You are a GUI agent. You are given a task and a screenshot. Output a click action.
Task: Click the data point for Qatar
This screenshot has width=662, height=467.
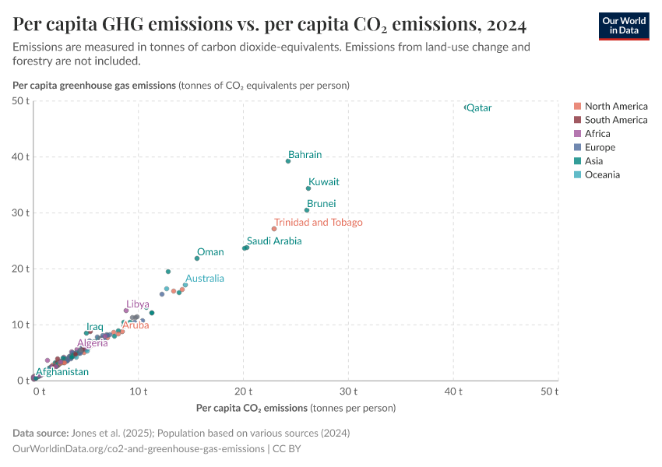pos(466,107)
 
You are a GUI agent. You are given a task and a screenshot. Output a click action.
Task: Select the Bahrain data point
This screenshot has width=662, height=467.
pos(288,161)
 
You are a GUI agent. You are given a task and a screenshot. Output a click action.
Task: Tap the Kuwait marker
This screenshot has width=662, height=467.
pos(308,188)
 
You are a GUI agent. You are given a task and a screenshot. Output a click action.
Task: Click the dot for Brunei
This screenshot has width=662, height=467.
pos(307,210)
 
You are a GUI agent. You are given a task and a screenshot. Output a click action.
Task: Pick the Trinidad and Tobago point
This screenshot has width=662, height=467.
pos(274,229)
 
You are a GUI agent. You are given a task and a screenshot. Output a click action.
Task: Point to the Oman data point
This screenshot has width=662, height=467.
pos(197,258)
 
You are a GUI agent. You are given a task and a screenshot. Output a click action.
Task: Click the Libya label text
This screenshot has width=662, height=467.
pos(138,304)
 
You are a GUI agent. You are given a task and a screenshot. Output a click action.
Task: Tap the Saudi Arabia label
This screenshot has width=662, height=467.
pos(274,241)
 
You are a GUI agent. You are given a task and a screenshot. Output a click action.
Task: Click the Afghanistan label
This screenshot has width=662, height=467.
pos(62,372)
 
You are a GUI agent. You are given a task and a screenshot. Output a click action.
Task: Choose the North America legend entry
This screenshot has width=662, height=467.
pos(615,106)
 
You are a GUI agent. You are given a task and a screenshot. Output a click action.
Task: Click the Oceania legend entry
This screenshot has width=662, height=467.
pos(601,174)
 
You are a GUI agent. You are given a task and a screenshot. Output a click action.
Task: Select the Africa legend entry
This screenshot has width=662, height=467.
pos(598,133)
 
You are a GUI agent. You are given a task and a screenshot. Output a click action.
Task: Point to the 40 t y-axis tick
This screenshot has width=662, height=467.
pos(20,156)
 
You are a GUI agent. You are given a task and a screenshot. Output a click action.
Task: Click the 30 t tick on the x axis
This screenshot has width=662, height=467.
pos(348,391)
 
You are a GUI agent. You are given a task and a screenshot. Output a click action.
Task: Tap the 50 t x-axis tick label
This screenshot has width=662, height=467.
pos(550,391)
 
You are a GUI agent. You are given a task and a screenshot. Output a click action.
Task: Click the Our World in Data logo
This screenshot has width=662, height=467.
pos(624,26)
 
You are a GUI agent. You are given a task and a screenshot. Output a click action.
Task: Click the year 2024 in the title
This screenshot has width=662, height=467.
pos(503,24)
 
